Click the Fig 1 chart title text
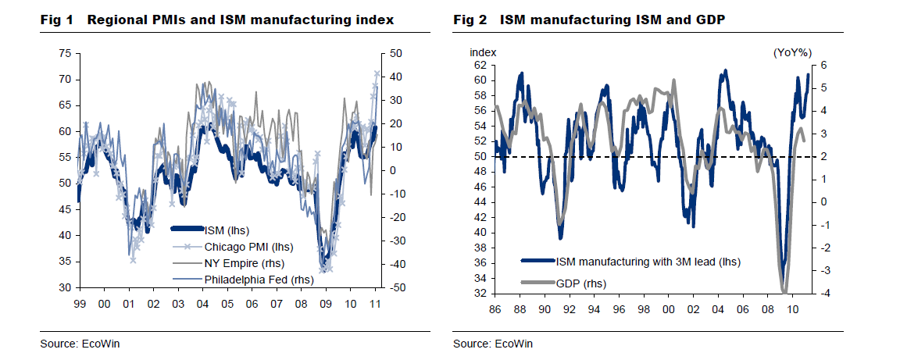point(217,19)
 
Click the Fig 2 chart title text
point(590,19)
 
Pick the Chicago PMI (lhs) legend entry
point(243,246)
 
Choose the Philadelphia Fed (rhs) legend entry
point(251,278)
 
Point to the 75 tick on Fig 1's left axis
point(65,53)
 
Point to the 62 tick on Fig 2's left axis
point(480,66)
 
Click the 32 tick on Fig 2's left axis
point(480,294)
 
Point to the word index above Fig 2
point(482,52)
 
